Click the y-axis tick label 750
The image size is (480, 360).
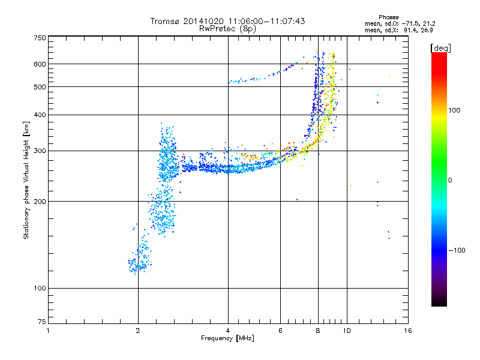click(40, 38)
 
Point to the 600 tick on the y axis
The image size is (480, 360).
click(40, 64)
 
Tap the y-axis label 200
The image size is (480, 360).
click(40, 202)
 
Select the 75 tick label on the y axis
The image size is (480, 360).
click(42, 322)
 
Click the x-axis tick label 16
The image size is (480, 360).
click(408, 331)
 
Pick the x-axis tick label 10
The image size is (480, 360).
click(347, 331)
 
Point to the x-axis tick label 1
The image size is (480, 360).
click(48, 331)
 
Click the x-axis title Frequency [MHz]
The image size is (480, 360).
click(227, 338)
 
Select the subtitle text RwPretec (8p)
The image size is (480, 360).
click(227, 29)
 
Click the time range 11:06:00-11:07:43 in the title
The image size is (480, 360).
click(266, 21)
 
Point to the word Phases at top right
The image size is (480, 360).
click(388, 17)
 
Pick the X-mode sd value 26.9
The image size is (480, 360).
click(427, 30)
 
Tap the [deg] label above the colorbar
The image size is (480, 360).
click(440, 48)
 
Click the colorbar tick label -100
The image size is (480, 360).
click(457, 250)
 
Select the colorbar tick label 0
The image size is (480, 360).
click(450, 181)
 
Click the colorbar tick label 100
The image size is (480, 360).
click(454, 110)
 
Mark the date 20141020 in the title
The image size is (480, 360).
click(203, 21)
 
